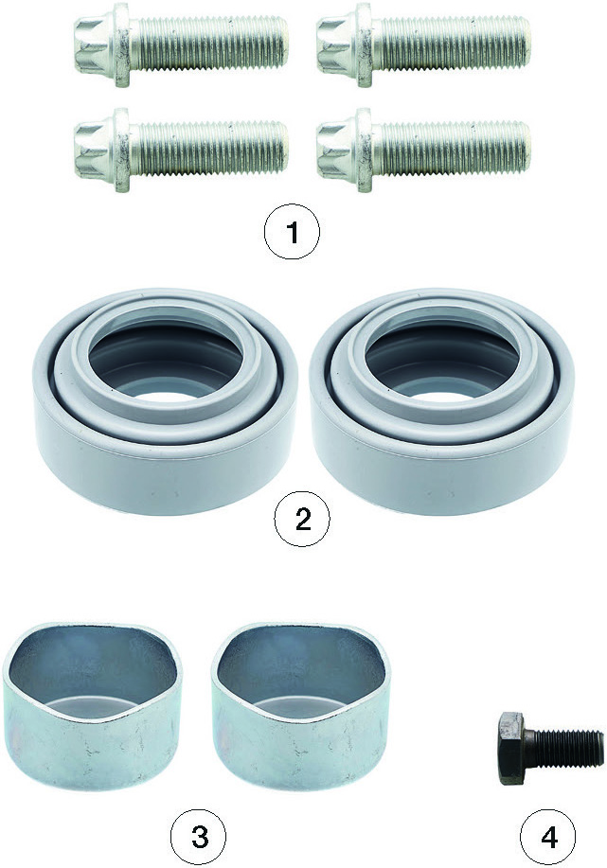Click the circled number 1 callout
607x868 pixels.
coord(292,232)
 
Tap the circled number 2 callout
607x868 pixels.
coord(302,520)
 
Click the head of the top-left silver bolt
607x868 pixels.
coord(96,44)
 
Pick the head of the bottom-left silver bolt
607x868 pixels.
coord(96,150)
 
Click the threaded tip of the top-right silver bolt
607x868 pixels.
coord(523,44)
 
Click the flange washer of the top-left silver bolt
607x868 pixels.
coord(123,44)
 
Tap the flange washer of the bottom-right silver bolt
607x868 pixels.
coord(365,151)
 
